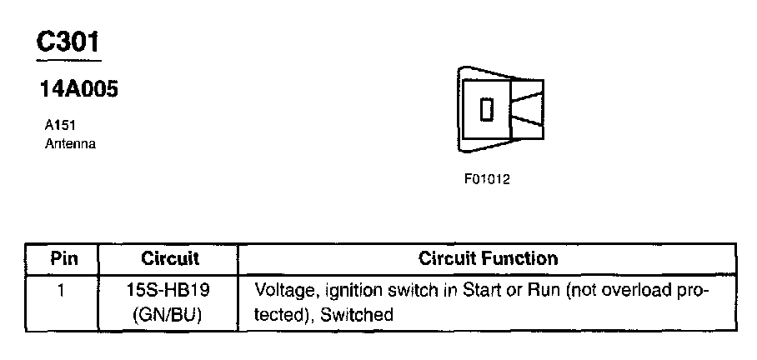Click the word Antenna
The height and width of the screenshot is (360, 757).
(70, 143)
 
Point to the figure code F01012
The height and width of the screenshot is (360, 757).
(487, 179)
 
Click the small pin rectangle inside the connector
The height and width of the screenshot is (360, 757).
(488, 109)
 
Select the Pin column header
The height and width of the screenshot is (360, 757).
(63, 258)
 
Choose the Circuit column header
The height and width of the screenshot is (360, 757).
(169, 258)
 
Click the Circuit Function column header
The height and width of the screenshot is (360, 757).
(488, 258)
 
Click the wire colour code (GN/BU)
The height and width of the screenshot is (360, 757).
(169, 315)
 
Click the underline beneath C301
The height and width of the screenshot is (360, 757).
(68, 59)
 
